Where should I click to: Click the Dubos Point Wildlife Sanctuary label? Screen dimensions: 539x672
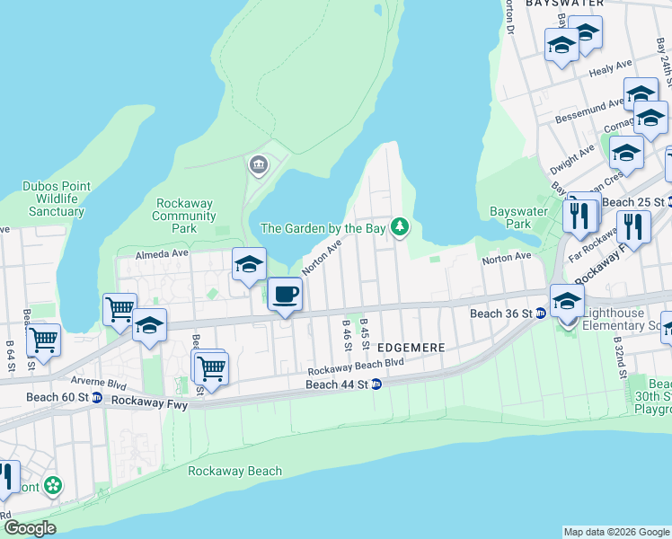56,199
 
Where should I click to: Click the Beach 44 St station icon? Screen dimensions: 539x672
376,384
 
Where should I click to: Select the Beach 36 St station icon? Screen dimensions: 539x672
541,314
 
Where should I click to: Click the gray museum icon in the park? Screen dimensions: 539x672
258,164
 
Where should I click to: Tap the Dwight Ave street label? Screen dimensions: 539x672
571,153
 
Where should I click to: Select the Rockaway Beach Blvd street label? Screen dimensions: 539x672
356,367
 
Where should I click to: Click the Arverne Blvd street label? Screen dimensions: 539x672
105,382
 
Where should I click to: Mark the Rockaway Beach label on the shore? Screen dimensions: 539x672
234,471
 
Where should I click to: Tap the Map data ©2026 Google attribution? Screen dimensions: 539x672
615,532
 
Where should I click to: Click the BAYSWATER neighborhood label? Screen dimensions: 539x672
564,4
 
